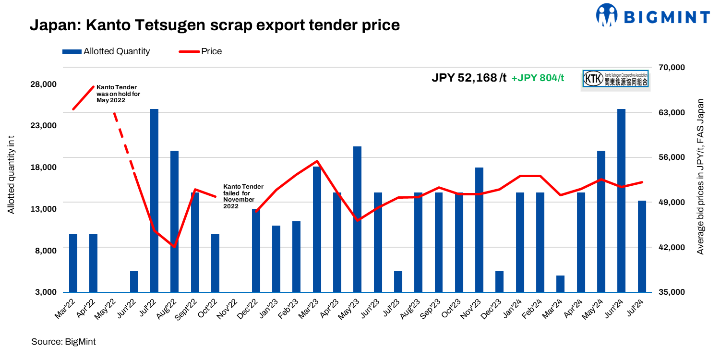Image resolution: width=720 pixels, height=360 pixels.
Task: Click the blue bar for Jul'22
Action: tap(154, 201)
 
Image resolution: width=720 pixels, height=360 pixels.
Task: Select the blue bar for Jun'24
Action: tap(621, 201)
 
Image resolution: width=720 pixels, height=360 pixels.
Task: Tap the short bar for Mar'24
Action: tap(560, 284)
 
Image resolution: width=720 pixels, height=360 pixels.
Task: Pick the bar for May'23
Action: tap(357, 219)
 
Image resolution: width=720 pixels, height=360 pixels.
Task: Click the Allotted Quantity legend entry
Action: tap(106, 51)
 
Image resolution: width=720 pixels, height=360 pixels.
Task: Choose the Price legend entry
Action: tap(200, 51)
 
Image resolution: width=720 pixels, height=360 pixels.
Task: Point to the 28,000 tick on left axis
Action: tap(44, 84)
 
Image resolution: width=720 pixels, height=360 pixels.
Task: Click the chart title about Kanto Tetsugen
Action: tap(215, 24)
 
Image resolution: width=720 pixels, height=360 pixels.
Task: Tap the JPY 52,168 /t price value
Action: tap(468, 78)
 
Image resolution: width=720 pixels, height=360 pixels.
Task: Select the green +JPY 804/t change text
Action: tap(538, 78)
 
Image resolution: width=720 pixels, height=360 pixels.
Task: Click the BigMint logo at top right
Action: tap(652, 15)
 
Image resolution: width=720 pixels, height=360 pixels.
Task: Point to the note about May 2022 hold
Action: tap(118, 94)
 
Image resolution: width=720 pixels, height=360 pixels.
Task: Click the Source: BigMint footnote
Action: tap(63, 342)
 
